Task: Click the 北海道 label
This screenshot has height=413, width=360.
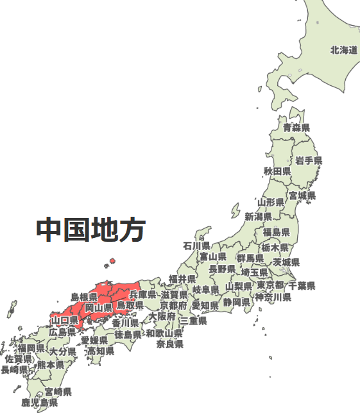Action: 343,50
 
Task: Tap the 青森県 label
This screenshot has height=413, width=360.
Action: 296,128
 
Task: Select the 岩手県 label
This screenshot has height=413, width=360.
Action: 309,160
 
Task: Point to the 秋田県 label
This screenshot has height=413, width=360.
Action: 277,172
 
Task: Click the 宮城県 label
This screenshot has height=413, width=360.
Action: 302,196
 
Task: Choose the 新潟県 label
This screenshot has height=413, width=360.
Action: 258,217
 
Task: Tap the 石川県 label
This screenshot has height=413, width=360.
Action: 196,246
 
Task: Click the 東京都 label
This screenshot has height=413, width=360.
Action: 270,285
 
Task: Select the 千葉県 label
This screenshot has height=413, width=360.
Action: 302,285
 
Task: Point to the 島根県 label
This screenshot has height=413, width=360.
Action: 84,297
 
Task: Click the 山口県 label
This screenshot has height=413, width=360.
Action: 65,320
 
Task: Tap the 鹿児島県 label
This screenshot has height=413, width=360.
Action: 39,403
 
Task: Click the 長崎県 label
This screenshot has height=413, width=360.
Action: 14,370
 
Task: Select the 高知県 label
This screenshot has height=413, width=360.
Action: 101,351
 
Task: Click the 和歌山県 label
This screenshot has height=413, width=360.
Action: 164,333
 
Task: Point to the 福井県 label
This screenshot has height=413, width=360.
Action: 182,279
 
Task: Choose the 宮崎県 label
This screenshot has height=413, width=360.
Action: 58,392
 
